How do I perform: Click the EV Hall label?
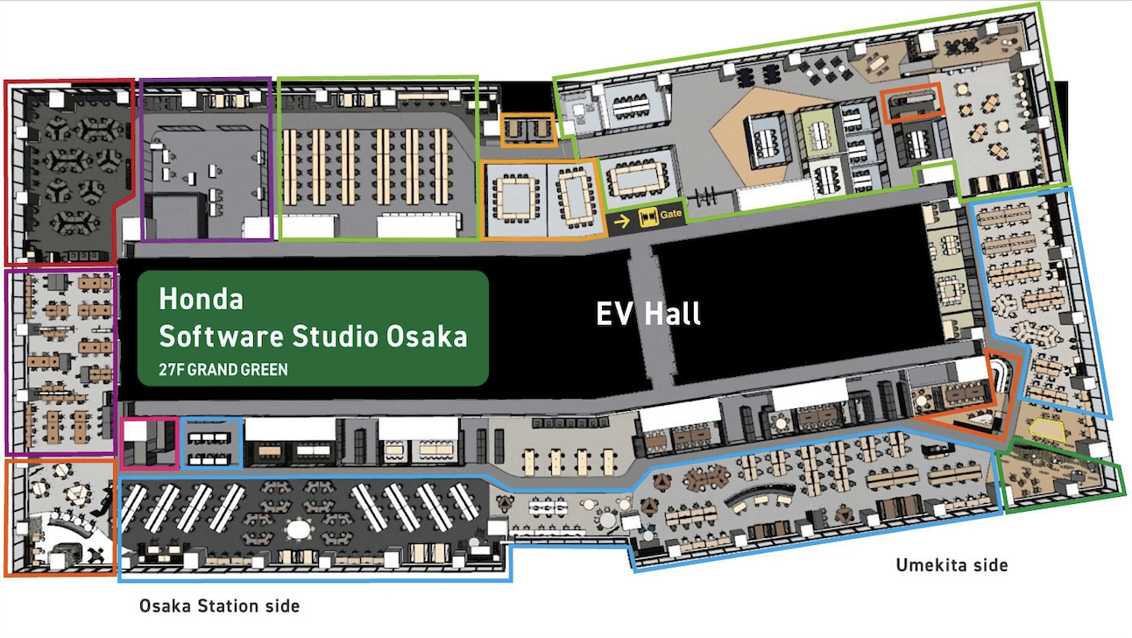648,314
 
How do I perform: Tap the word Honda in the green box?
201,299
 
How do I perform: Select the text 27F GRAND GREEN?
223,370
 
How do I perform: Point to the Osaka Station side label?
219,606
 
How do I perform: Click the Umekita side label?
952,565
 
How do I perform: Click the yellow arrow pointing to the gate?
621,219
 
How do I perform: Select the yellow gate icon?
648,217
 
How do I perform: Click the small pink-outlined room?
150,443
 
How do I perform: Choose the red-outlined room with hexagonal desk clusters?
70,171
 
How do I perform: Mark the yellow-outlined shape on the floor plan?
1046,429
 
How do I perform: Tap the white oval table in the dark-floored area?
300,530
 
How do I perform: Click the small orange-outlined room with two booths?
527,131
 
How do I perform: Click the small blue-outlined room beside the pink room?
211,443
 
